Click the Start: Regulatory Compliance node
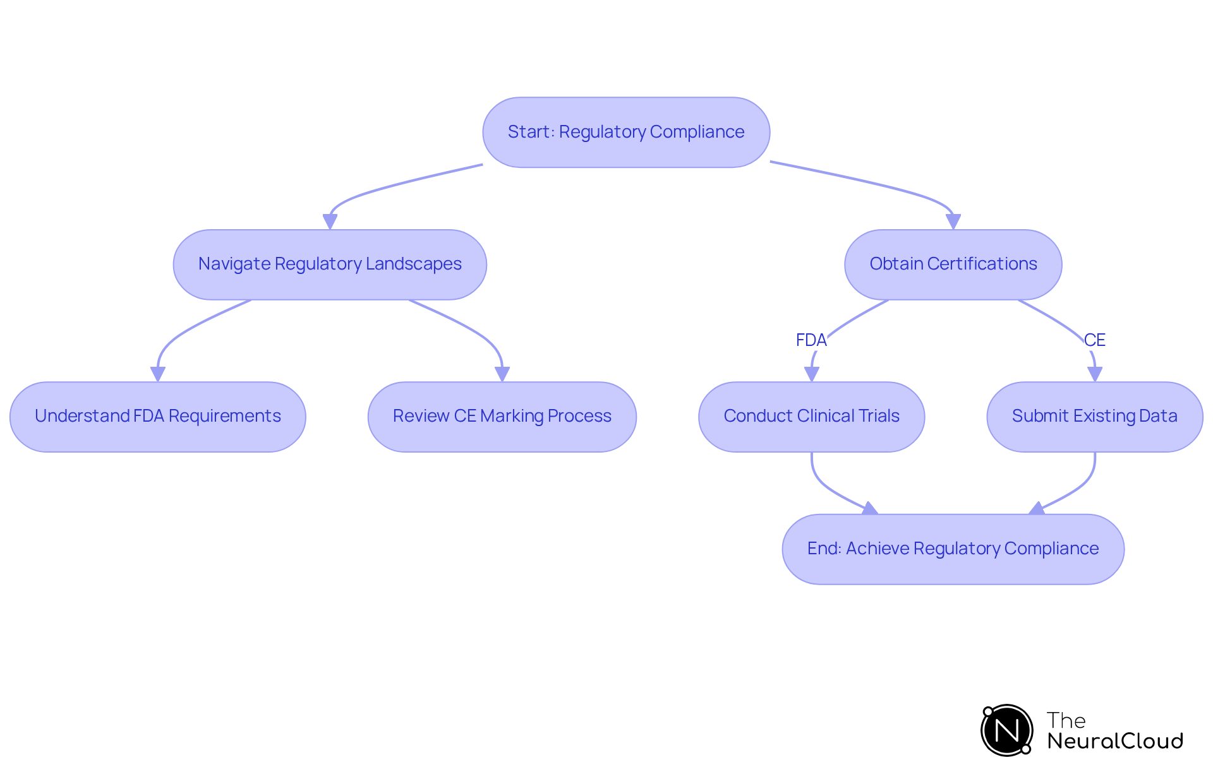click(625, 132)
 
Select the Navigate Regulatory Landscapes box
click(330, 264)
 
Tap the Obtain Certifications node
click(953, 264)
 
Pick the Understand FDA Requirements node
click(157, 416)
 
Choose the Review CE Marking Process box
click(502, 416)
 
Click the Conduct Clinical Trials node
click(811, 416)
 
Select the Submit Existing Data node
click(1094, 416)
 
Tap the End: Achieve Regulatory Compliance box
click(953, 549)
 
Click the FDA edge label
click(811, 340)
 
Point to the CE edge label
click(1094, 340)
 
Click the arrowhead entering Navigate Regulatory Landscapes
click(330, 222)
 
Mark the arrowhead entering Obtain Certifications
click(953, 222)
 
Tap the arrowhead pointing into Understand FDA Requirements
click(157, 374)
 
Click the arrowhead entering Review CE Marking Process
click(502, 374)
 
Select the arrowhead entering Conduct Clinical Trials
click(811, 374)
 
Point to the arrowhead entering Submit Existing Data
click(1094, 374)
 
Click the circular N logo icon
click(1006, 730)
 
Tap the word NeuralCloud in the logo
click(1114, 741)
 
